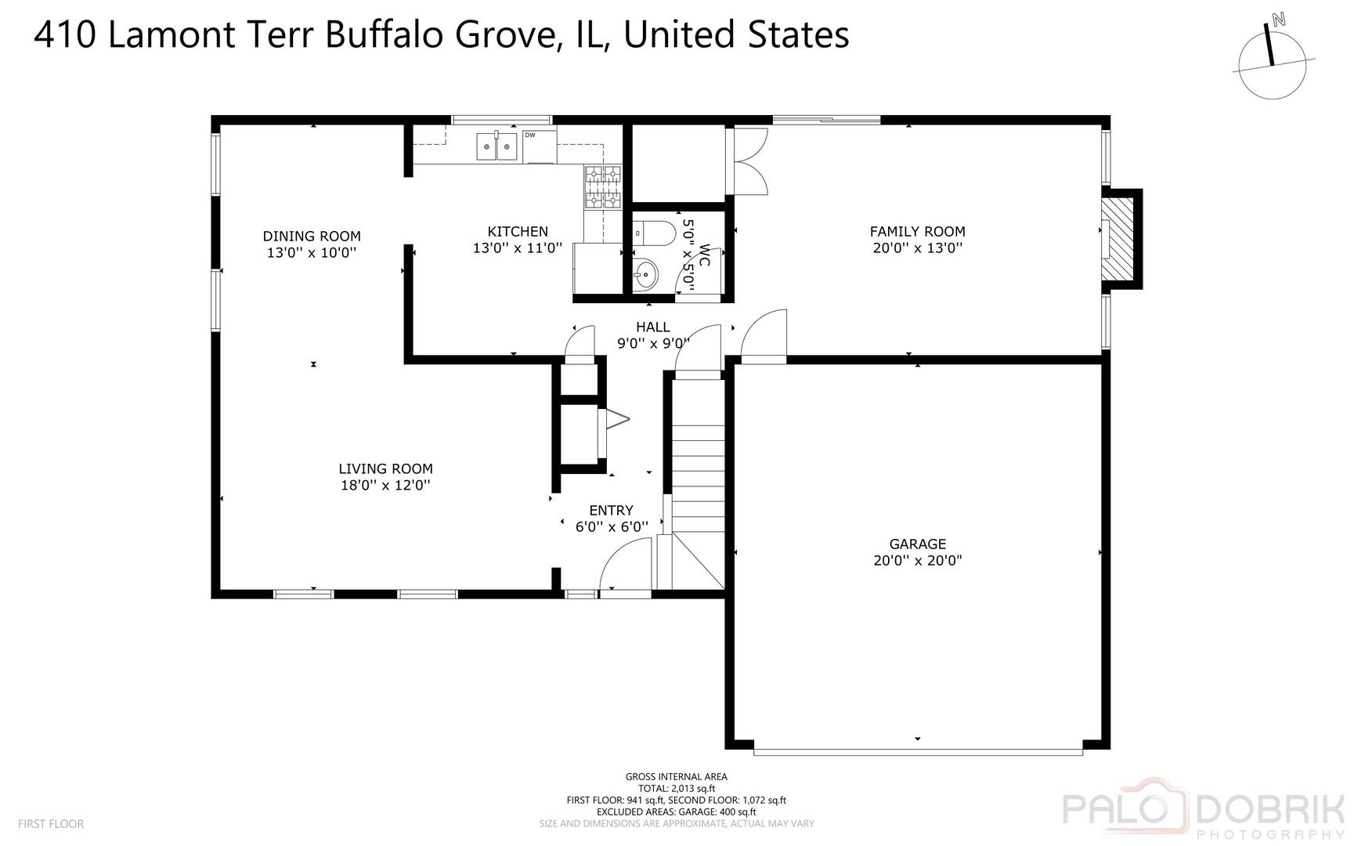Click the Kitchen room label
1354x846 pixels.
click(518, 231)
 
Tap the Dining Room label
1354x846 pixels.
click(312, 236)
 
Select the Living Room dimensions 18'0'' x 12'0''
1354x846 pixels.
click(385, 486)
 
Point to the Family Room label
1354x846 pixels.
click(918, 231)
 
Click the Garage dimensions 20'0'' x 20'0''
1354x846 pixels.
click(918, 561)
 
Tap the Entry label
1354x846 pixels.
click(612, 510)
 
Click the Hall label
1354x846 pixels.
click(653, 327)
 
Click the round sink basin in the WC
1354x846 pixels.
click(647, 274)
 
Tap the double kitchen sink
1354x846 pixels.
click(497, 146)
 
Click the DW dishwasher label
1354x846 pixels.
click(530, 135)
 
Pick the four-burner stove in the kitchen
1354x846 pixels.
click(602, 188)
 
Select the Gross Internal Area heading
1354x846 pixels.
click(677, 777)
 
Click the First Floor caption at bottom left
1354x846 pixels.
click(51, 824)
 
